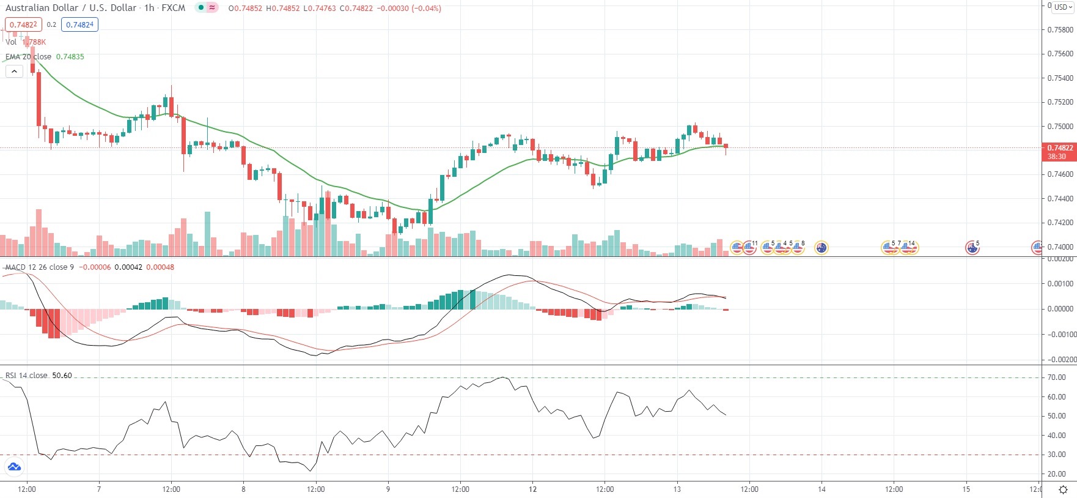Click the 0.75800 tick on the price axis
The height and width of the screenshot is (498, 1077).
point(1060,29)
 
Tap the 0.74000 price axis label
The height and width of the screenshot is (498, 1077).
point(1060,247)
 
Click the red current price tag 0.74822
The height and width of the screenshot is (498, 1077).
point(1059,148)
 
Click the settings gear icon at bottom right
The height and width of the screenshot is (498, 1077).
point(1063,489)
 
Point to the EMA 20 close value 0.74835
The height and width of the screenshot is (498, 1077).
point(70,57)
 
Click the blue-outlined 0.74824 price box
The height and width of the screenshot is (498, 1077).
point(79,24)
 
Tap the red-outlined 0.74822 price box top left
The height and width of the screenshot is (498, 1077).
point(23,24)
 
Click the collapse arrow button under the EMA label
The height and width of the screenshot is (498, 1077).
point(14,71)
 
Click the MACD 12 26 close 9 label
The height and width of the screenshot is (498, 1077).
point(40,267)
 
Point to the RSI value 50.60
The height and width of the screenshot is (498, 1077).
point(62,376)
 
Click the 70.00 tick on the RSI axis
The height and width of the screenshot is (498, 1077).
point(1056,377)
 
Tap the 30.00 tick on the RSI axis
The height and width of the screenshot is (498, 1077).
point(1056,455)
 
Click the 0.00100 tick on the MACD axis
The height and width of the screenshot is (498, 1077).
point(1061,284)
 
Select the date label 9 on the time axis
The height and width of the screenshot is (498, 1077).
point(388,489)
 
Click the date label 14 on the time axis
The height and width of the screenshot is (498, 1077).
point(822,489)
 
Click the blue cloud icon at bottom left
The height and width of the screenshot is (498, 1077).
point(13,467)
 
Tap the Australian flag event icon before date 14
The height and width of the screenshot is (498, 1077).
point(822,248)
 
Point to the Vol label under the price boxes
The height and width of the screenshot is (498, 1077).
point(11,42)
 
